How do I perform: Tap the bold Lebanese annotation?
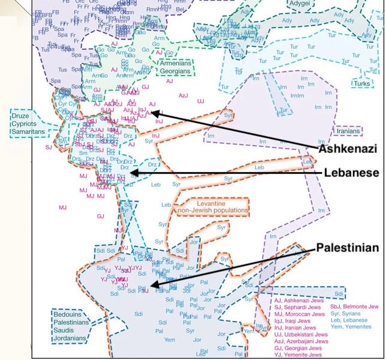click(351, 173)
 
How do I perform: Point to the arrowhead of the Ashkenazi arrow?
click(151, 112)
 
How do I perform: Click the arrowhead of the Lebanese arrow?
click(132, 173)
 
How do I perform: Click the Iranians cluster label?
click(348, 131)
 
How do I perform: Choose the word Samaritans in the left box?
click(28, 133)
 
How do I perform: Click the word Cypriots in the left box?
click(24, 125)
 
